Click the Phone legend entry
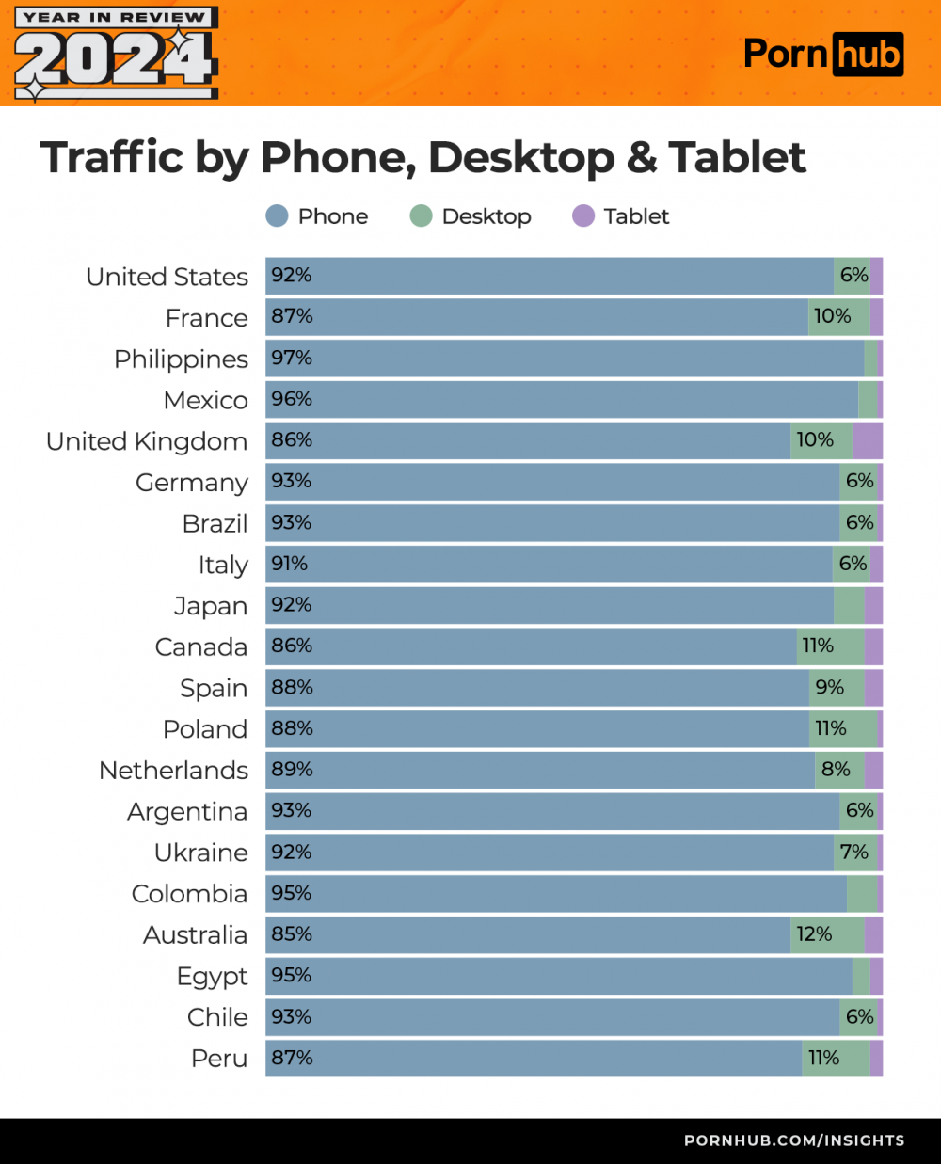pos(317,216)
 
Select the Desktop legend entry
pos(470,216)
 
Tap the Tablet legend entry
pos(621,216)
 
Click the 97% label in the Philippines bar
pos(292,359)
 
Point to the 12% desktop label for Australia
pos(814,934)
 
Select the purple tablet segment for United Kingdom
pos(868,440)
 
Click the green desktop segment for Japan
pos(849,605)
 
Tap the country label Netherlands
pos(173,771)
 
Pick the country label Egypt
pos(212,977)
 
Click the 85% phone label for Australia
pos(292,934)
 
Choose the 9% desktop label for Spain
pos(829,688)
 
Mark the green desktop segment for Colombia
pos(861,894)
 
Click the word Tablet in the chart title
pos(738,157)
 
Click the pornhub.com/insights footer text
pos(794,1140)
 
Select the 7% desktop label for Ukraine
pos(853,853)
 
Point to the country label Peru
pos(219,1059)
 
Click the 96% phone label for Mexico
pos(292,399)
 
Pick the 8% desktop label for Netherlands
pos(836,770)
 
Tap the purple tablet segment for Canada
pos(873,646)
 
